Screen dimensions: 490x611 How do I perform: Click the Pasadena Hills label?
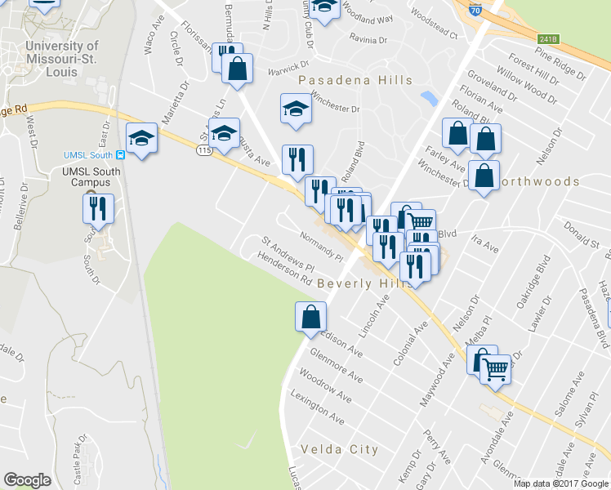[355, 80]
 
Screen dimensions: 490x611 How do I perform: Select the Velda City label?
[339, 449]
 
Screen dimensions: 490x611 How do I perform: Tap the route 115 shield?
[204, 150]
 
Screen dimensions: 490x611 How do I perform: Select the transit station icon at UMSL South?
[120, 154]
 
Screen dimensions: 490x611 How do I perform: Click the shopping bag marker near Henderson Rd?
[310, 316]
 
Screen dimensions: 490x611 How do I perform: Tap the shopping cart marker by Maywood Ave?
[495, 369]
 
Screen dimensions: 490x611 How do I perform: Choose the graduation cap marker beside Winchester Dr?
[296, 108]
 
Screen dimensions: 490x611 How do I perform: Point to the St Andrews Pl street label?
[288, 254]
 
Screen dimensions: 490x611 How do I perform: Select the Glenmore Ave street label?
[336, 363]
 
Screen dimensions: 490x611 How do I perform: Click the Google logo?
[27, 480]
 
